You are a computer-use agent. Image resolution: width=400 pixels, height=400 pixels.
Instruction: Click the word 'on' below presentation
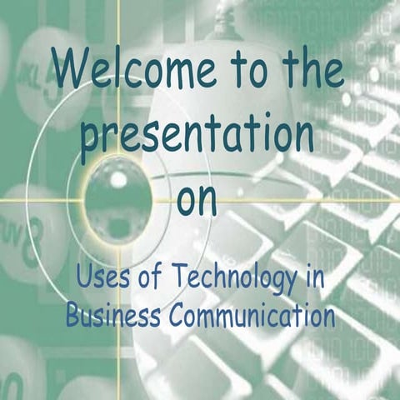[197, 200]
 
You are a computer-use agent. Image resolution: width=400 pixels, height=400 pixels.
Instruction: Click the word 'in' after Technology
[312, 277]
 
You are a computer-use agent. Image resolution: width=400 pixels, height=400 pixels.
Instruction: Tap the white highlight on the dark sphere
[118, 178]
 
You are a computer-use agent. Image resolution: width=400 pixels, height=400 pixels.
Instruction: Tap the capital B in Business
[72, 317]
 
